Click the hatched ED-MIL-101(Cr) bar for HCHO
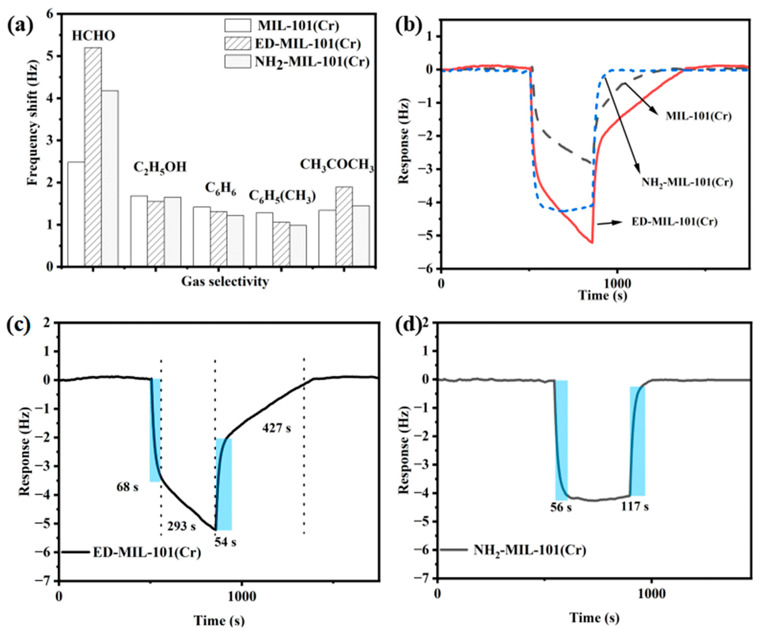pos(93,157)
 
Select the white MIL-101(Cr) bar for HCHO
pos(76,214)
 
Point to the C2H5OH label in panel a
pos(160,167)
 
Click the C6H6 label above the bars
pos(220,189)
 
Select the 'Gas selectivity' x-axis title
pos(225,281)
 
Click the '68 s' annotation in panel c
pos(127,487)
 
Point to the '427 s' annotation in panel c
pos(276,428)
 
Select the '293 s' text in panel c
pos(181,526)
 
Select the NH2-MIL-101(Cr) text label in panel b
pos(687,182)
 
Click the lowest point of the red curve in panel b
pos(592,243)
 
